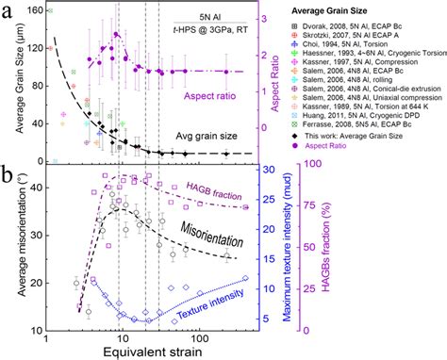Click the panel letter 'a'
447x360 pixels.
coord(8,10)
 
